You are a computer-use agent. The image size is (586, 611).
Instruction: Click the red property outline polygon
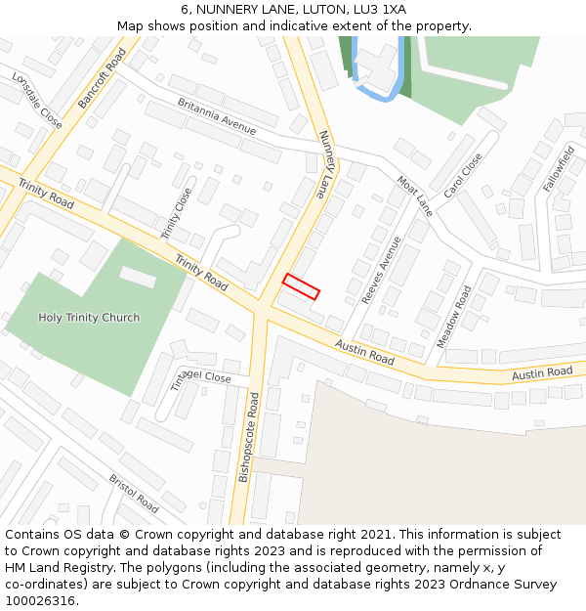(301, 286)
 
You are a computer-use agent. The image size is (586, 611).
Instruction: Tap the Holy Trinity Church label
(89, 317)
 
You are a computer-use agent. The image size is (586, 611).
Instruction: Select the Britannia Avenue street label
(217, 116)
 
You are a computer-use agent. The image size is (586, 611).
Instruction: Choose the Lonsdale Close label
(37, 100)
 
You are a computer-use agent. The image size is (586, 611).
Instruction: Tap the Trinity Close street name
(178, 213)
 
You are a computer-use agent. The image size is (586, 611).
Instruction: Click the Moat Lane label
(414, 196)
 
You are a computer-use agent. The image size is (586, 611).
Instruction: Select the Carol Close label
(463, 176)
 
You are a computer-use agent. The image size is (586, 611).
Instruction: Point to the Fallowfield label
(559, 167)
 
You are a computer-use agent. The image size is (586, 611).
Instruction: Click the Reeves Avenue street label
(381, 269)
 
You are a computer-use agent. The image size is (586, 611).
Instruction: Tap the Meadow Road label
(454, 317)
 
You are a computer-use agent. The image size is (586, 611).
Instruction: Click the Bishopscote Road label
(249, 437)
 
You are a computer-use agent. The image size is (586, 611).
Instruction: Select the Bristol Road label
(134, 494)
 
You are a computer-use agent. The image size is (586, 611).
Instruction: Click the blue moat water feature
(375, 82)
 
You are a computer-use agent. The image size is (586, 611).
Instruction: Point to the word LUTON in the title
(318, 9)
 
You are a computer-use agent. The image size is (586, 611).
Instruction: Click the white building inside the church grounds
(138, 278)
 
